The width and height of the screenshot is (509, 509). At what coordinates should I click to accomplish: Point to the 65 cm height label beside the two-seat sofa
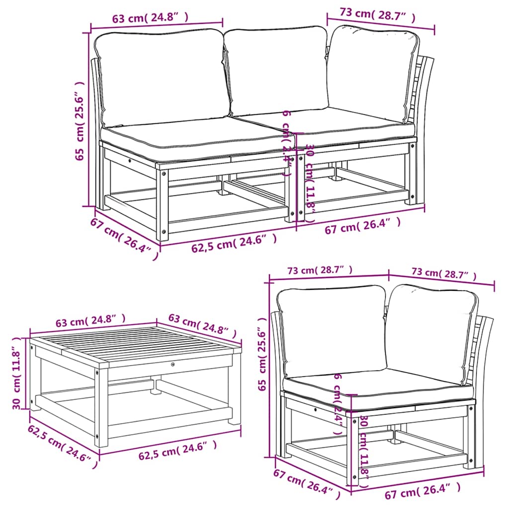[x=80, y=121]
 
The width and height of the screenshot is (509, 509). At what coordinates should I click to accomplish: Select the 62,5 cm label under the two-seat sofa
[x=234, y=244]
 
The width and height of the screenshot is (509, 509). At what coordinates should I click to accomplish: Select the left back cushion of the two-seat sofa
[x=162, y=77]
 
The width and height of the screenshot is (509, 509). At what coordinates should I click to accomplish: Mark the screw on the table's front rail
[x=172, y=364]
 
